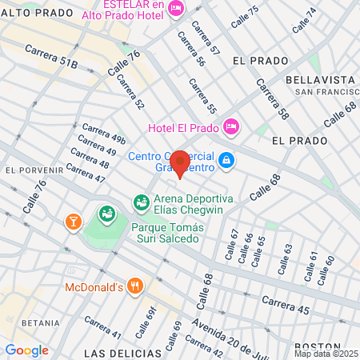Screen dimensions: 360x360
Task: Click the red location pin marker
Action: pyautogui.click(x=180, y=162)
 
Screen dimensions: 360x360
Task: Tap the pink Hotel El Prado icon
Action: pyautogui.click(x=231, y=126)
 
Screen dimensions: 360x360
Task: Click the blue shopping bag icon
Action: pyautogui.click(x=227, y=161)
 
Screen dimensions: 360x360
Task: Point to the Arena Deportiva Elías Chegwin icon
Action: pyautogui.click(x=141, y=202)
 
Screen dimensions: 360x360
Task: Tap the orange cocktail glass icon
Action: pyautogui.click(x=74, y=219)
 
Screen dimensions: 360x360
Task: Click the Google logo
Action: pyautogui.click(x=26, y=350)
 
